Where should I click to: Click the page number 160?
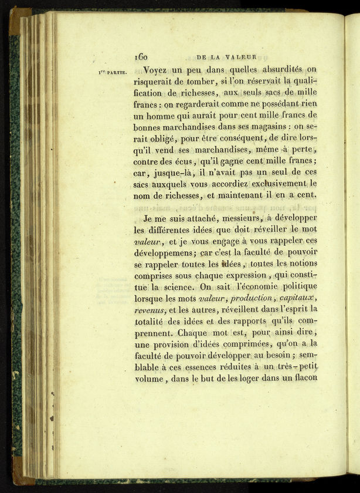(141, 57)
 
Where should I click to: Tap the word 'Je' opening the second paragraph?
(149, 218)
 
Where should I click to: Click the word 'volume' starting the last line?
(150, 379)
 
